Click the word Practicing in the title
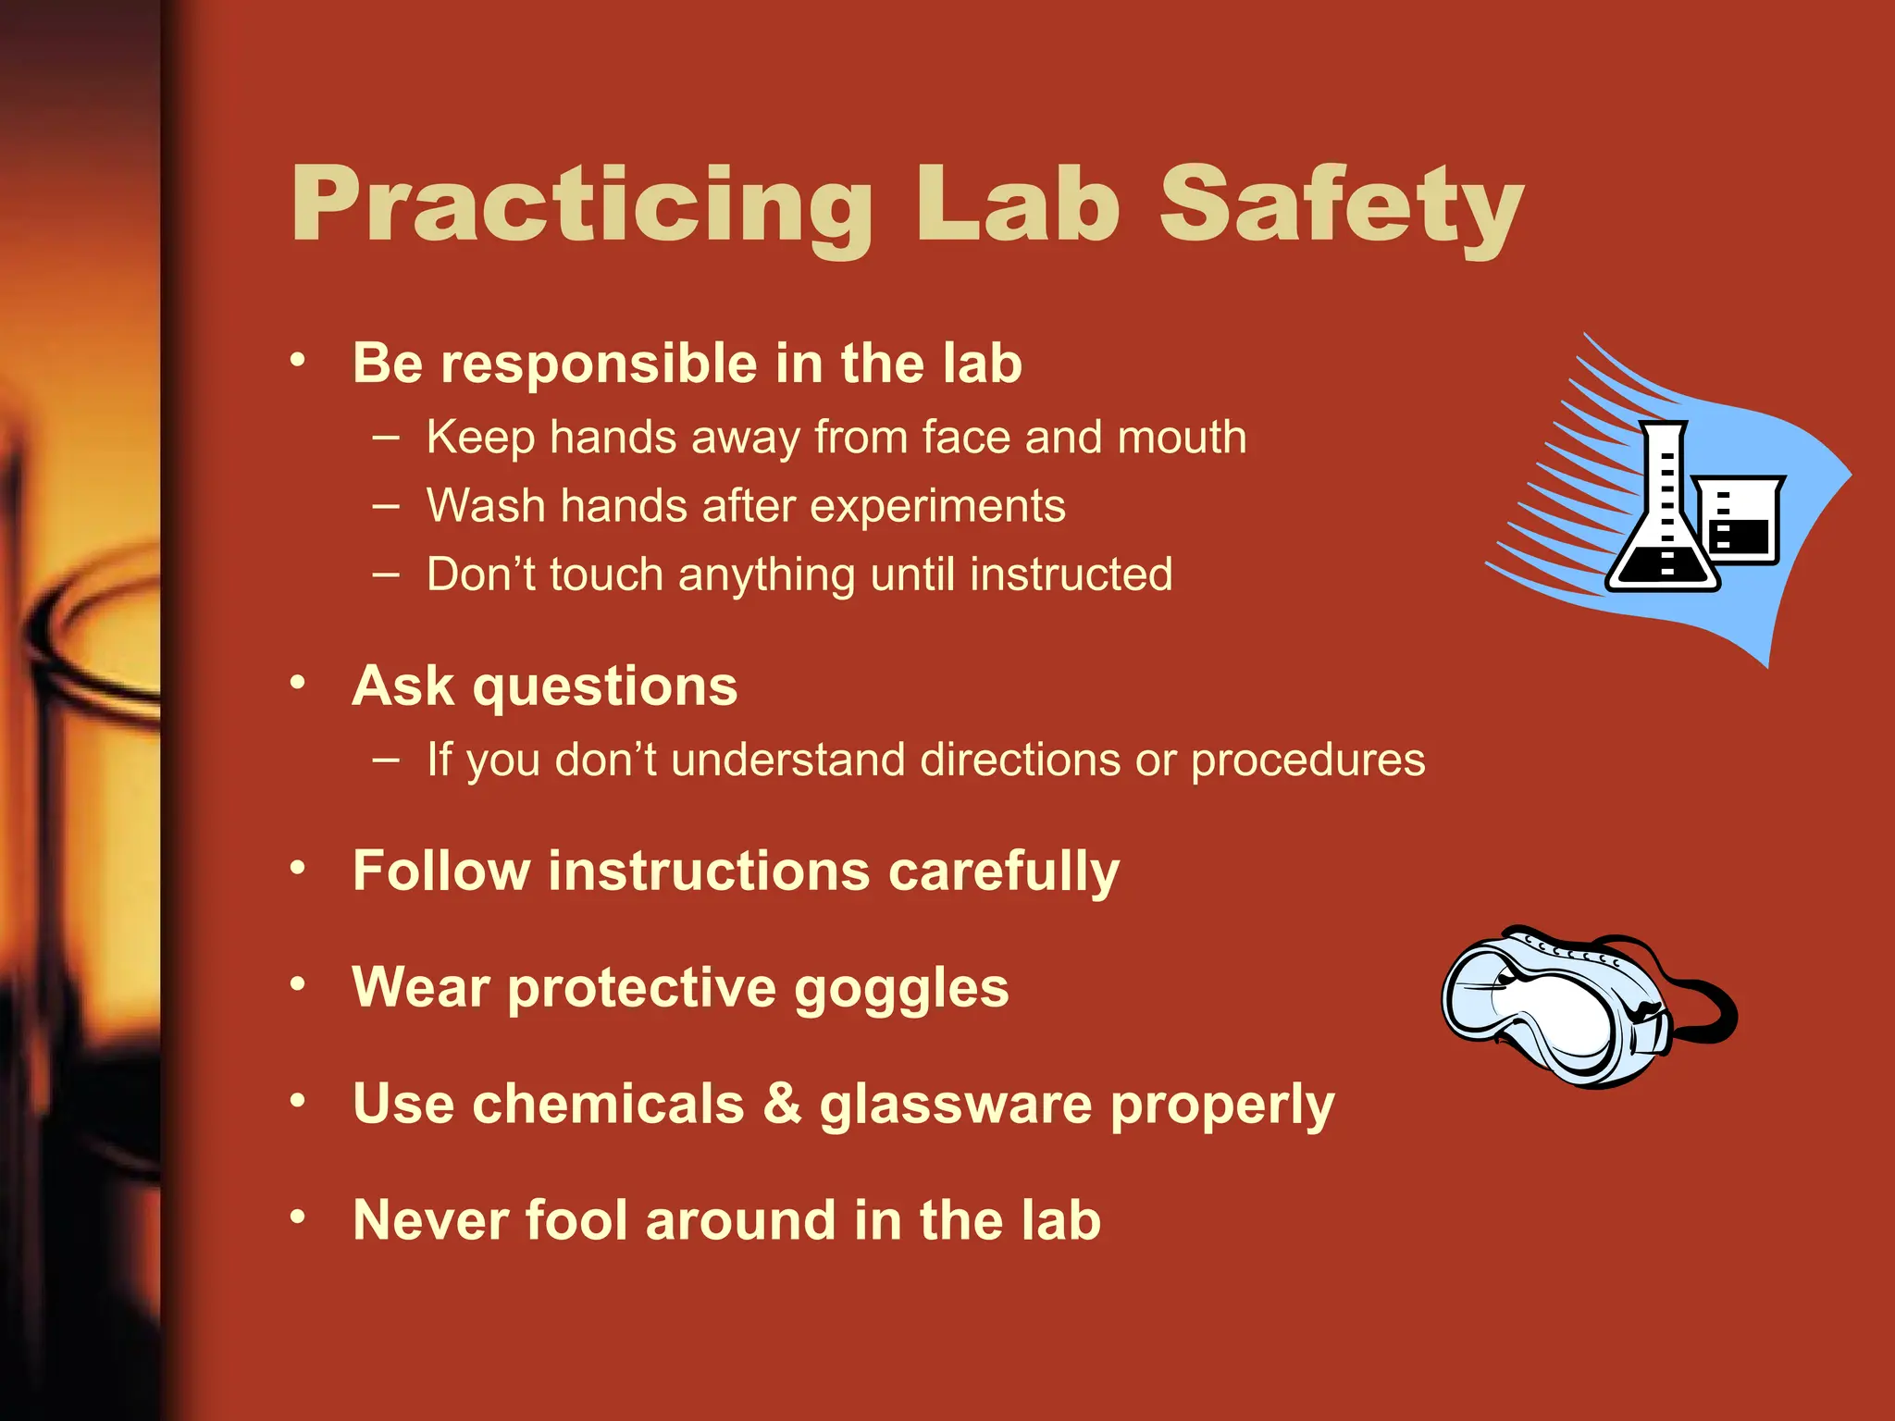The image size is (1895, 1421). (x=581, y=205)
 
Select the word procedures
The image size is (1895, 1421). (x=1307, y=761)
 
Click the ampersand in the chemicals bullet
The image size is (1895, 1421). (x=782, y=1103)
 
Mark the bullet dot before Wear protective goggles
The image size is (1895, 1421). (x=297, y=983)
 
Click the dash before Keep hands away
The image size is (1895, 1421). (x=386, y=438)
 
